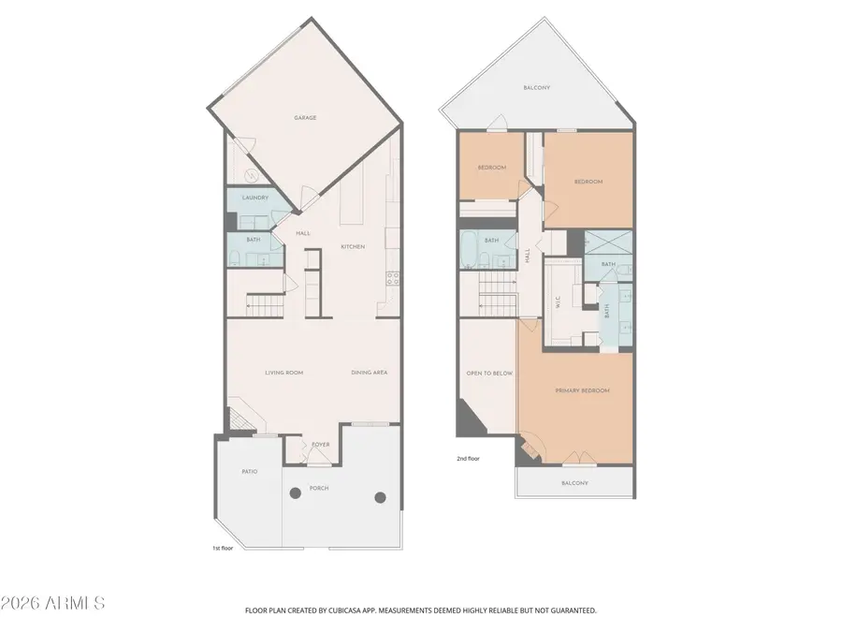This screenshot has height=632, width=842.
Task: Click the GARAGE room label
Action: [x=305, y=118]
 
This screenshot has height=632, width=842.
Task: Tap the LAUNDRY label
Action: [x=255, y=198]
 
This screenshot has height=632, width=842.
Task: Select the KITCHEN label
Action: [x=352, y=246]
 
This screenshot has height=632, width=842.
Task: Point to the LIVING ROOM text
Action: [x=283, y=373]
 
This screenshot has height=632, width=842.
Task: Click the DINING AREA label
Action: [x=370, y=373]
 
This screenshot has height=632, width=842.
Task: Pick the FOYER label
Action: [x=320, y=446]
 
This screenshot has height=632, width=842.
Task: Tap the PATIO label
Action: [x=249, y=471]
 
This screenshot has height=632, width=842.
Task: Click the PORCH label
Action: [x=319, y=488]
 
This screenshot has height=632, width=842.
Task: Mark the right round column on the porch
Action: [x=380, y=497]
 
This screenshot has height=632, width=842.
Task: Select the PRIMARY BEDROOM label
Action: [x=582, y=390]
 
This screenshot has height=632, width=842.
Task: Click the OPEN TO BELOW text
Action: [x=489, y=373]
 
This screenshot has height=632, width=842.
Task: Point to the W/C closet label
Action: [x=558, y=302]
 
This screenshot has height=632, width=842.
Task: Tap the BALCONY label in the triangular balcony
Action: [x=536, y=88]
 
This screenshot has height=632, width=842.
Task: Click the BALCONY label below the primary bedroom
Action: [x=574, y=483]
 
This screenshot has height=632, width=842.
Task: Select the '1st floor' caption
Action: [x=224, y=548]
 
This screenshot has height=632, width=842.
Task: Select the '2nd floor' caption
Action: [x=468, y=460]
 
